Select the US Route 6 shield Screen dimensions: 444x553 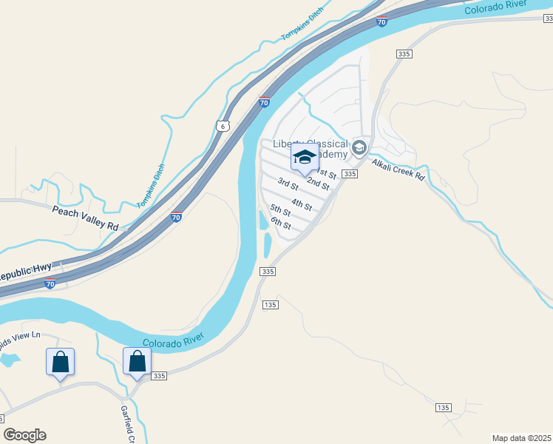tap(223, 127)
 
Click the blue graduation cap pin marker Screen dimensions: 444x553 tap(304, 158)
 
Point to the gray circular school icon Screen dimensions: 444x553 tap(359, 147)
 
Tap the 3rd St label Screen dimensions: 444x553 tap(288, 183)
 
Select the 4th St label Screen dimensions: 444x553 tap(302, 203)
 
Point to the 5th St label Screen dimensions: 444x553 tap(280, 212)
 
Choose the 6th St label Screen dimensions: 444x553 tap(280, 222)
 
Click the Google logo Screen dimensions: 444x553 tap(24, 434)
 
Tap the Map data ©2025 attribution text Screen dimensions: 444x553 tap(521, 438)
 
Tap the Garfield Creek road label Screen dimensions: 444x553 tap(126, 422)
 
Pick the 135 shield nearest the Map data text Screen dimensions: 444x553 tap(443, 408)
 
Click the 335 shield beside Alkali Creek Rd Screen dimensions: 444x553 tap(350, 174)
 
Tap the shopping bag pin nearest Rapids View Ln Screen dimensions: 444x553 tap(61, 363)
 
